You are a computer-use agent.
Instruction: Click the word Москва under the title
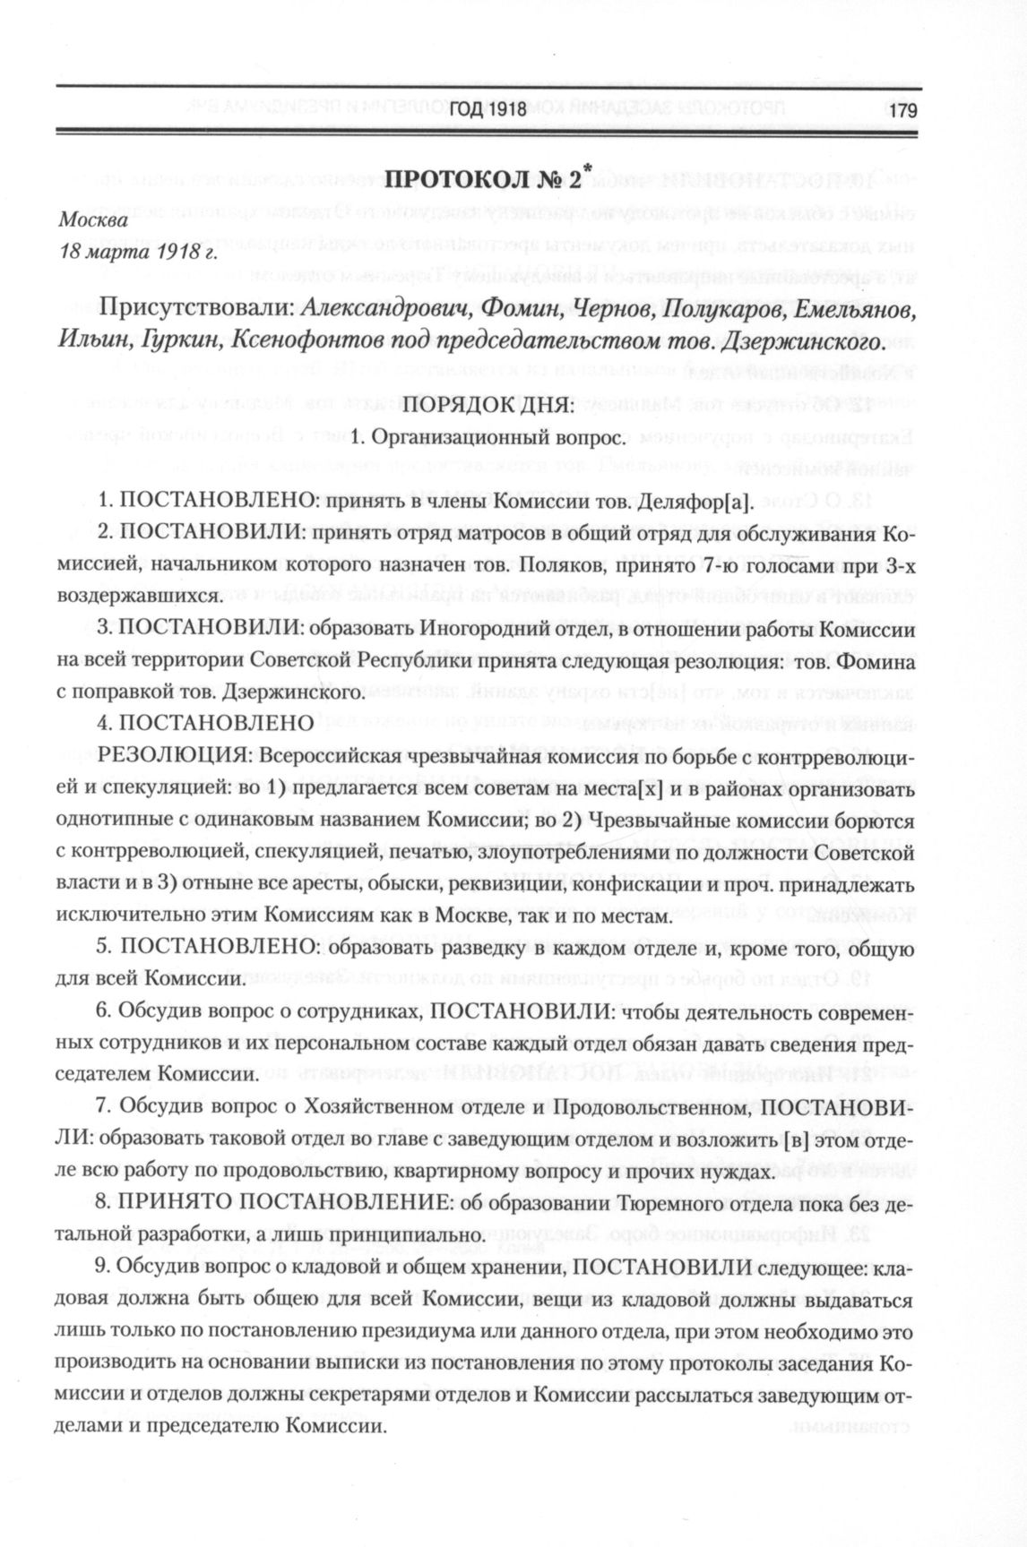[x=93, y=219]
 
